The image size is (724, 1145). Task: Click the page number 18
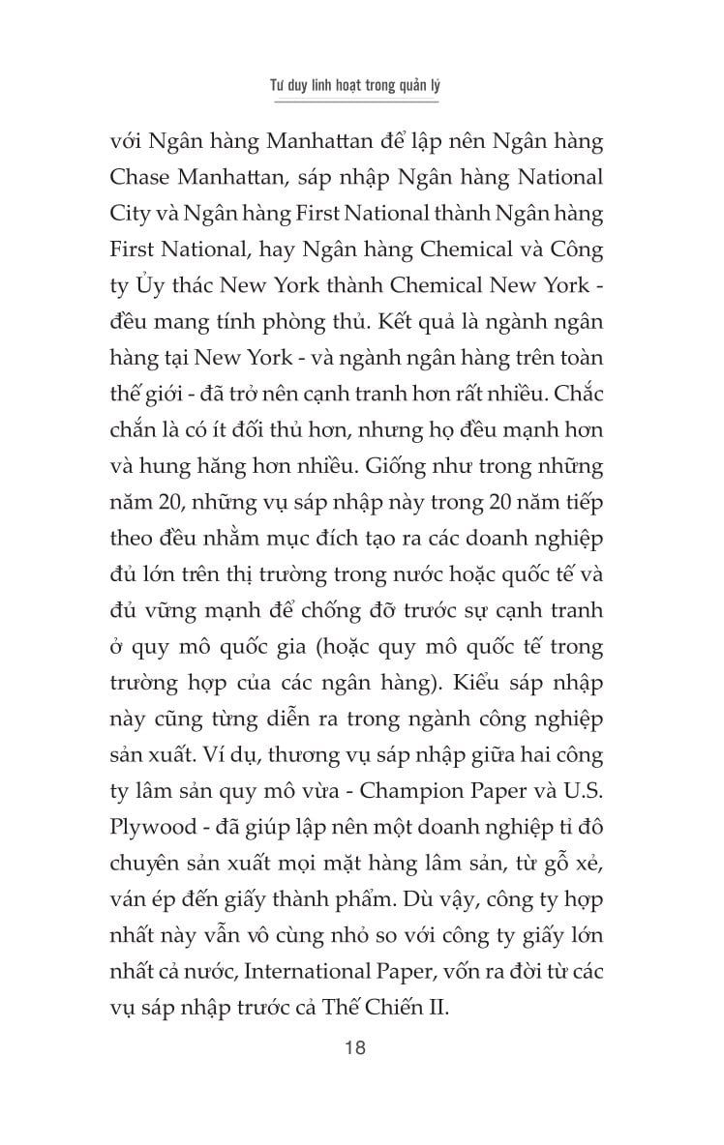(x=362, y=1046)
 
